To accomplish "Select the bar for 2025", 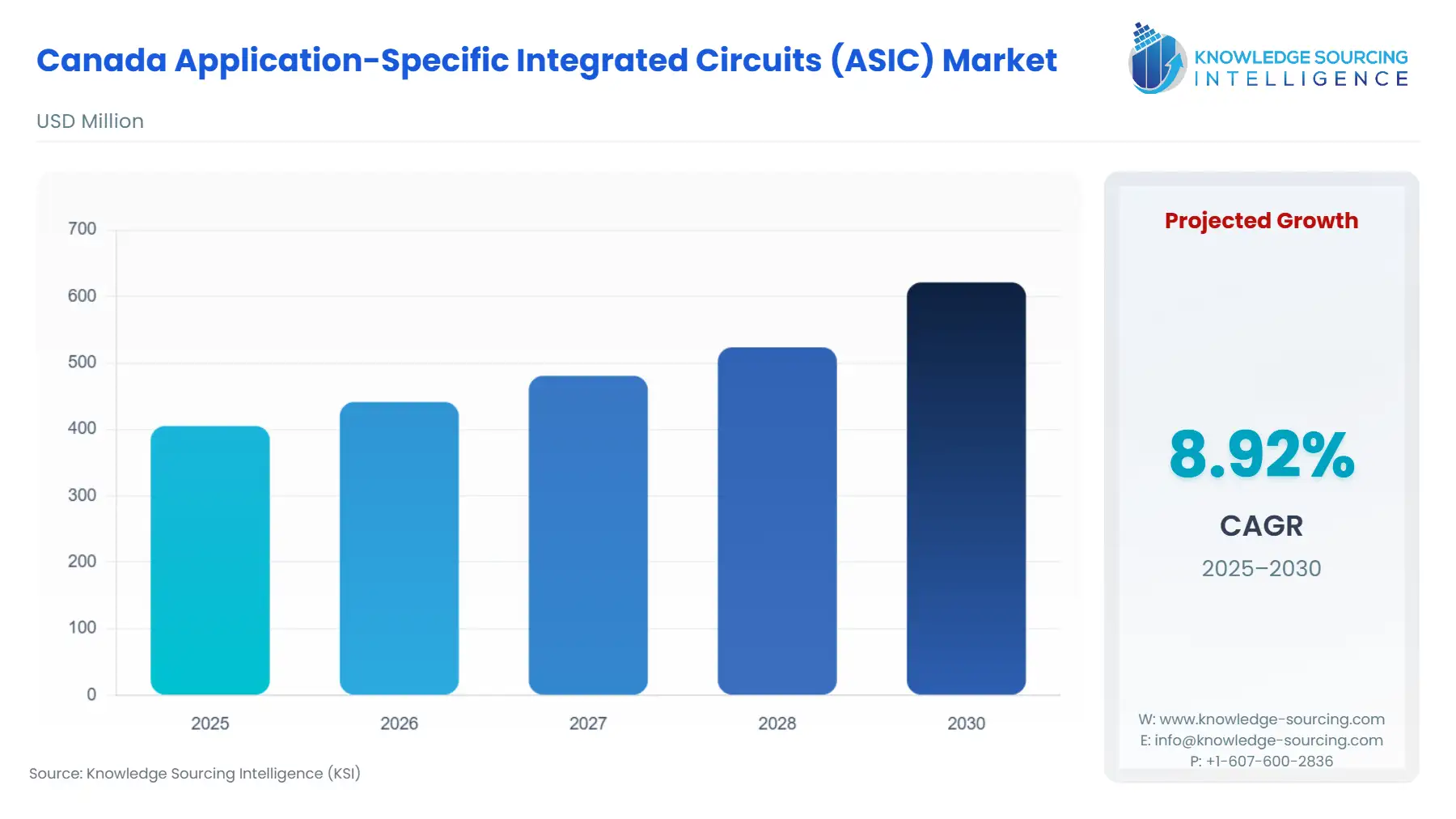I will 210,560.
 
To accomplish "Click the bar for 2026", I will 399,548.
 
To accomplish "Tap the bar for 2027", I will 588,535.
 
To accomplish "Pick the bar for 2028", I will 777,520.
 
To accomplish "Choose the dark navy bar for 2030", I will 966,488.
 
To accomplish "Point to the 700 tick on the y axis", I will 82,229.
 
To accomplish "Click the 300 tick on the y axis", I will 82,495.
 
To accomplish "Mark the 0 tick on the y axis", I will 91,694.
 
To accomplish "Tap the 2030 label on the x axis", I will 966,724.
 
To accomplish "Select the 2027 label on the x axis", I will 588,724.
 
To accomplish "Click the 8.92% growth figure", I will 1261,455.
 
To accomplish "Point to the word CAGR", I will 1261,526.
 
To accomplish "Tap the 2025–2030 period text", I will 1261,568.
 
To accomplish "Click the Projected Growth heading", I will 1261,221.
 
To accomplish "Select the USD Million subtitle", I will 90,121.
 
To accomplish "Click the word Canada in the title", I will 102,61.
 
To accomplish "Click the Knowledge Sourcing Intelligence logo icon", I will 1157,58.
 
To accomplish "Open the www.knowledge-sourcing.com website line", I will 1271,719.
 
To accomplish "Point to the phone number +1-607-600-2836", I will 1269,762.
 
